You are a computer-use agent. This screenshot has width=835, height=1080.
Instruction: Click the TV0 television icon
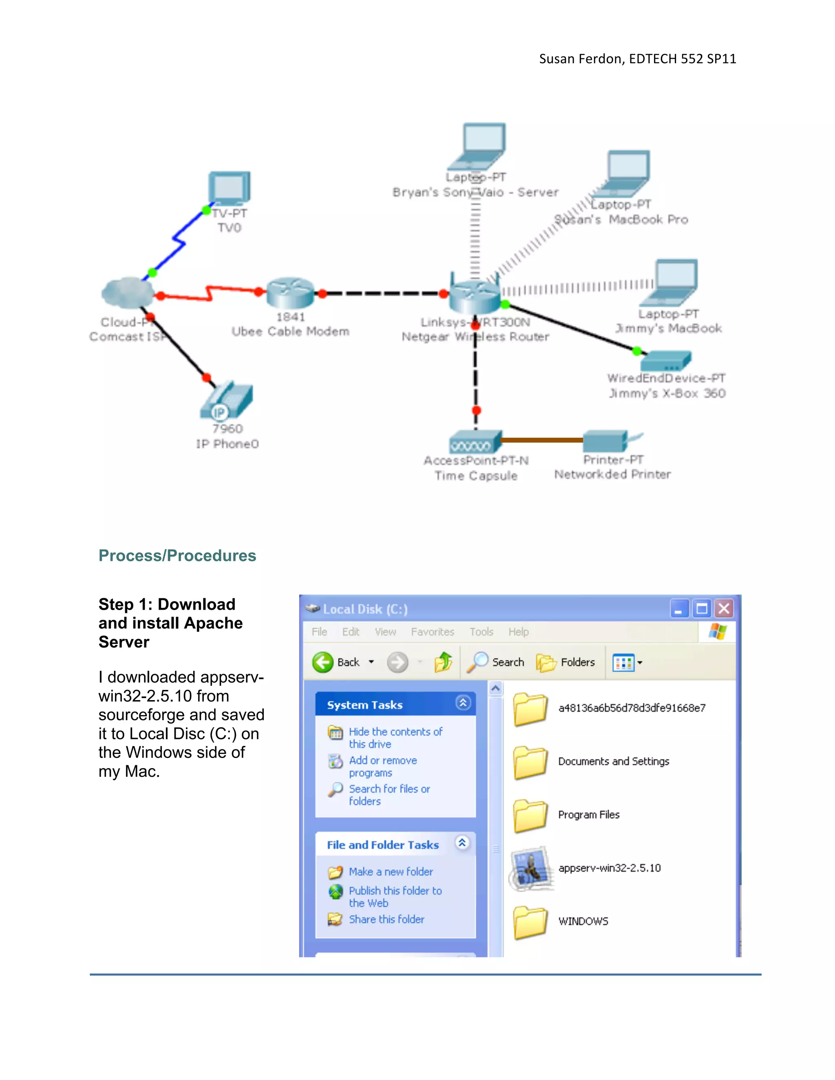(229, 188)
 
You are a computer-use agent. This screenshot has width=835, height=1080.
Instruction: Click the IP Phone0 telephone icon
(227, 401)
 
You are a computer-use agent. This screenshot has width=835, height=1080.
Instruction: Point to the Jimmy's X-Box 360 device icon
(665, 361)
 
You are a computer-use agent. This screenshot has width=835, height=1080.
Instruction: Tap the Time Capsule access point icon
(475, 442)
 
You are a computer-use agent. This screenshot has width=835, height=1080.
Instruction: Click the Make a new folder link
(391, 872)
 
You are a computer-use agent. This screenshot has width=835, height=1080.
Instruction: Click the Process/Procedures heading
(177, 556)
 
